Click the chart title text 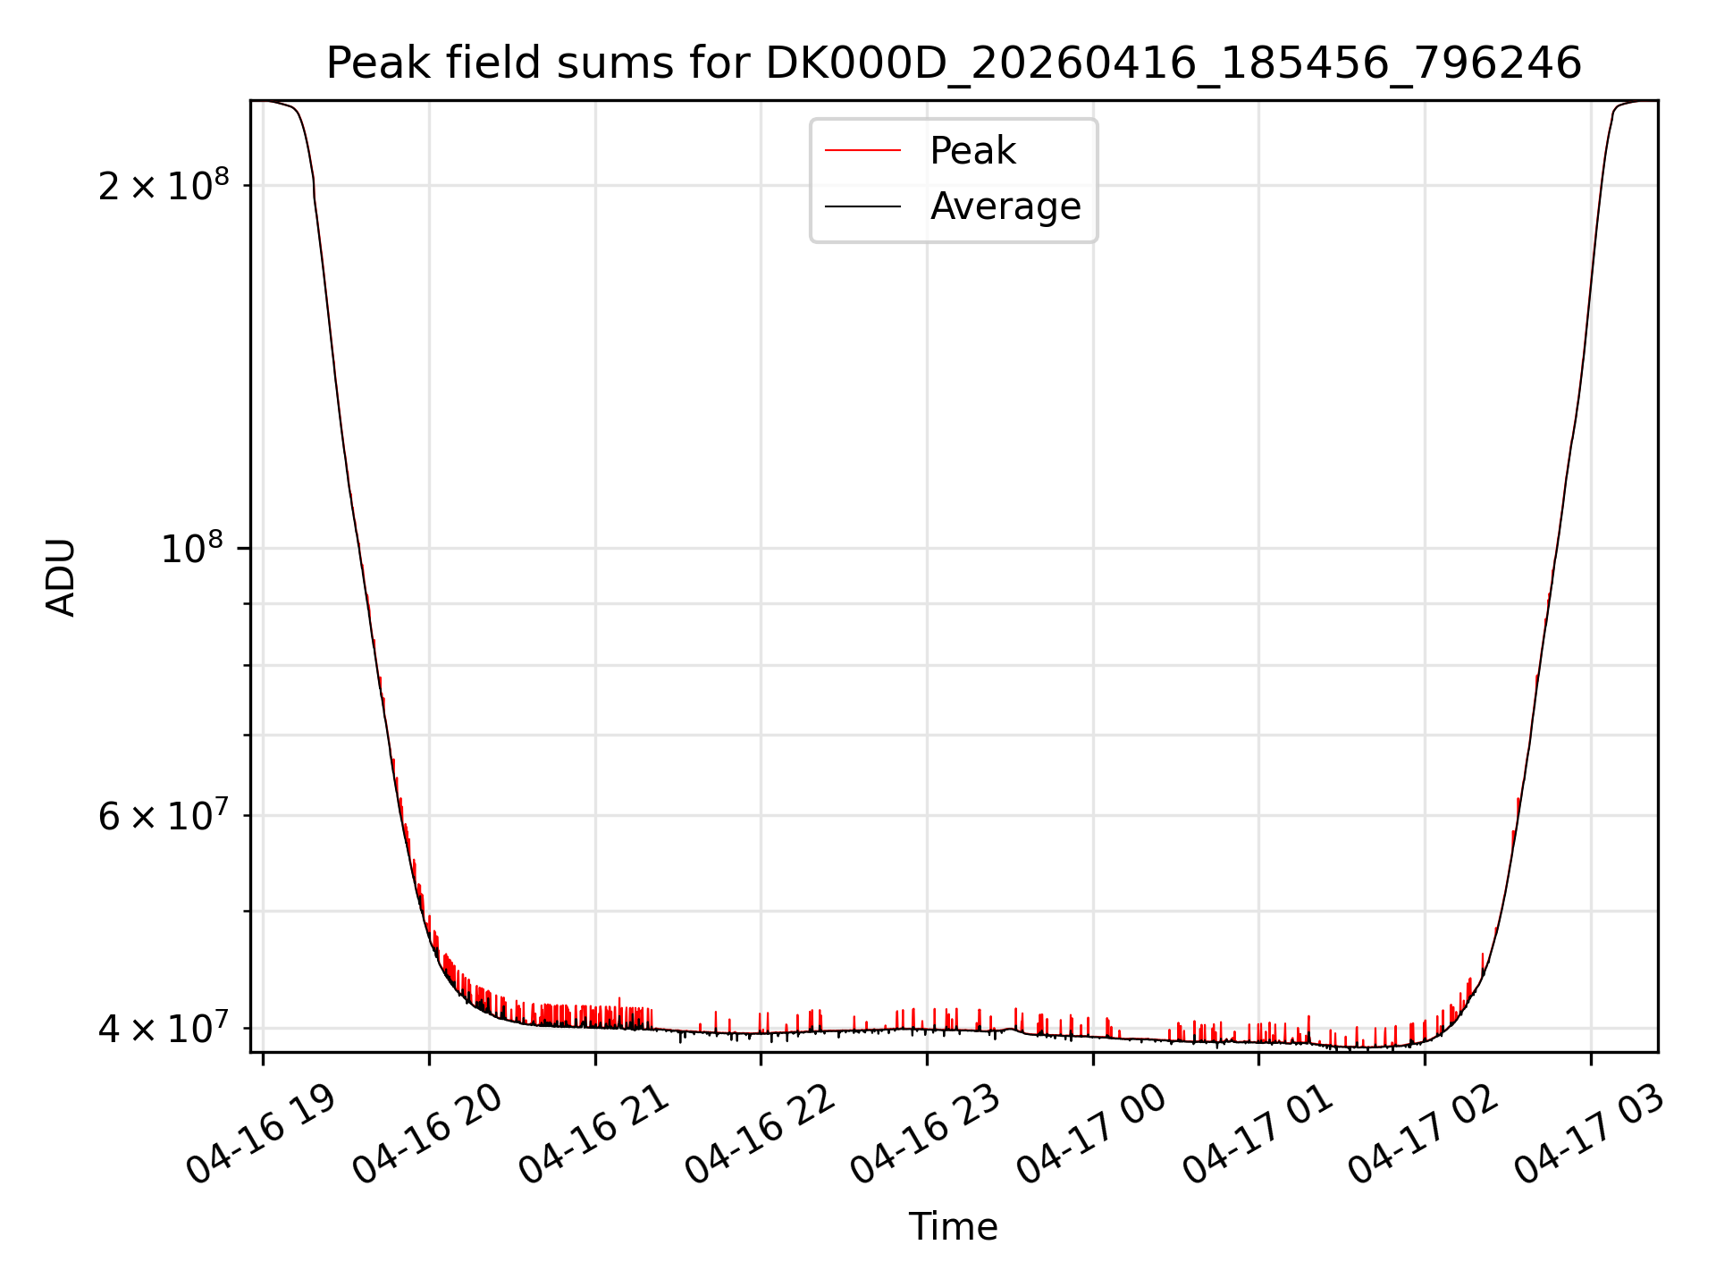pos(954,63)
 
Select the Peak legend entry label pos(972,151)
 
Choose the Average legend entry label pos(1005,206)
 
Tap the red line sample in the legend pos(862,151)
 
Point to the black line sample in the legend pos(862,206)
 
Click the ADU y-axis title pos(61,577)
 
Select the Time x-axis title pos(953,1226)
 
